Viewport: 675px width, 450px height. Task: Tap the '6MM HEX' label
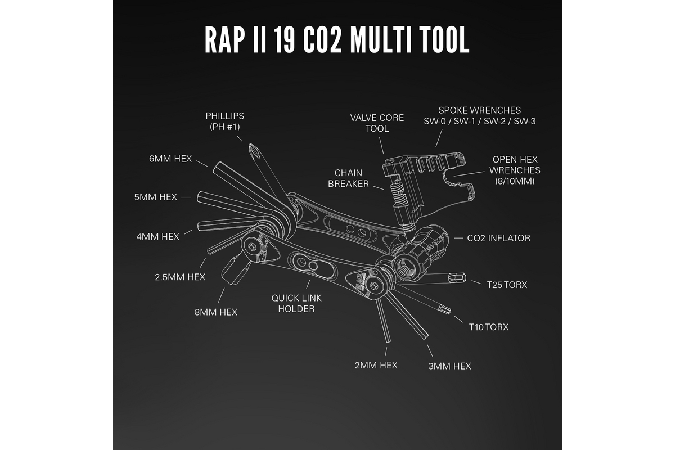170,159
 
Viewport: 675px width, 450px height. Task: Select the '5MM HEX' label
156,197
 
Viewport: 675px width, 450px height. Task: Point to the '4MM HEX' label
158,236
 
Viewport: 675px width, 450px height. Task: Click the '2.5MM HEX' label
180,277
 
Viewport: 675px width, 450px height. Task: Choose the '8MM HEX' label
216,312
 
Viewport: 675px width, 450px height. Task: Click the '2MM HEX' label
376,365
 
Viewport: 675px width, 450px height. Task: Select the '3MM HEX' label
449,366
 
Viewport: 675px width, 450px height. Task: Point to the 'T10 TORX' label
489,326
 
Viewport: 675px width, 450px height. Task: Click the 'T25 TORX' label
507,285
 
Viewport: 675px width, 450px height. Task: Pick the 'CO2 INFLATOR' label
498,238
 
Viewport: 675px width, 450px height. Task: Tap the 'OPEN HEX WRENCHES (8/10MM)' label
515,170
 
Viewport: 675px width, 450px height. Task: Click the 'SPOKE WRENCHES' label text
479,110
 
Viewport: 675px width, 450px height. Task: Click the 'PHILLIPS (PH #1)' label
225,121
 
